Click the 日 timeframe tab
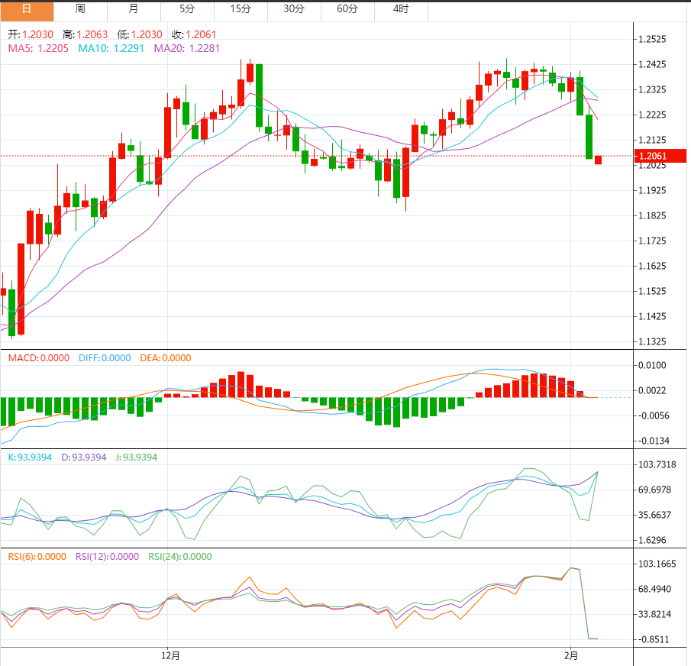(27, 9)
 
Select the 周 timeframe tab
(80, 9)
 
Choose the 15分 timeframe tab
(241, 9)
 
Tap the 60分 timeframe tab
(347, 9)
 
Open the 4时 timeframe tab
(401, 9)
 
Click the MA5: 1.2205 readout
(39, 48)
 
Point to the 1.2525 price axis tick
(657, 40)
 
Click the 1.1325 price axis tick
(657, 341)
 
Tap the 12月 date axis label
(171, 655)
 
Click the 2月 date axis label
(571, 655)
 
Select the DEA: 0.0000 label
(166, 358)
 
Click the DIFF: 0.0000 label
(105, 358)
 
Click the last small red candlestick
(598, 160)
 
